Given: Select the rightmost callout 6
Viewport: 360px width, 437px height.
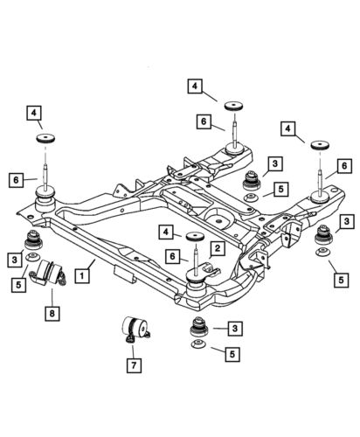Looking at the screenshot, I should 345,164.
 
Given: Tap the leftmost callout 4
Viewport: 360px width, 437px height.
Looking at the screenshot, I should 32,112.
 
